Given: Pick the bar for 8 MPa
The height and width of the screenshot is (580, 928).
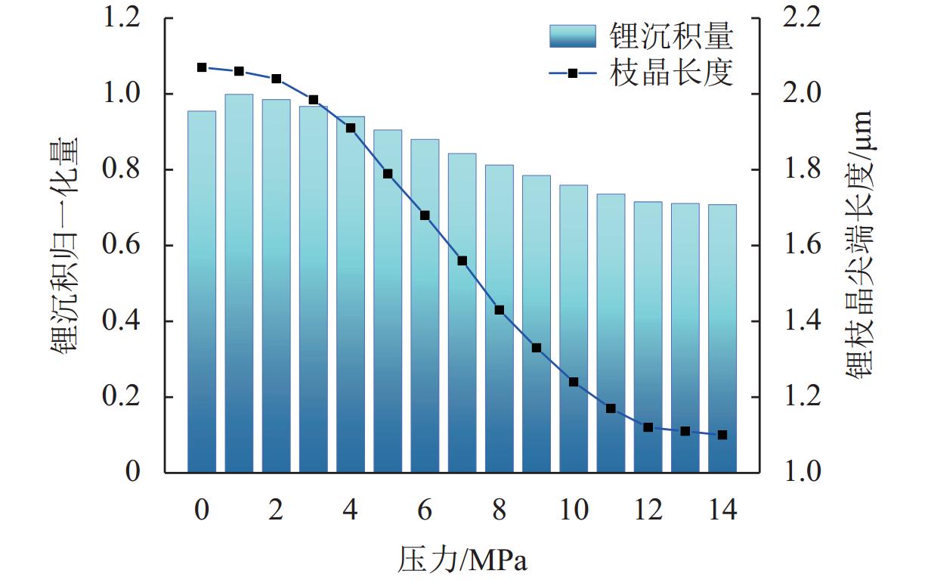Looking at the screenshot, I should pos(499,318).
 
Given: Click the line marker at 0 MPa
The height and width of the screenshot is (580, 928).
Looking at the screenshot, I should pos(202,67).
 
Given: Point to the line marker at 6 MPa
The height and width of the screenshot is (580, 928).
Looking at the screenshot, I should pos(425,216).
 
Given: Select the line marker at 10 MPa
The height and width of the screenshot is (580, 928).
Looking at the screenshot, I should pos(574,382).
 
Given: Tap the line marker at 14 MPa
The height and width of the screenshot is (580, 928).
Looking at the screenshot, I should pos(722,435).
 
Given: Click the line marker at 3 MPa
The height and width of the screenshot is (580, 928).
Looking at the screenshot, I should pos(314,100).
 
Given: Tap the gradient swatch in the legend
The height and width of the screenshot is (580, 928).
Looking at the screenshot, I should pos(574,36).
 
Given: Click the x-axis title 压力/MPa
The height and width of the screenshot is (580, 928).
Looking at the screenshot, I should pos(462,561).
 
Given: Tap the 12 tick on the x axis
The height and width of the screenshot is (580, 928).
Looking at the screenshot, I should pos(648,510).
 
